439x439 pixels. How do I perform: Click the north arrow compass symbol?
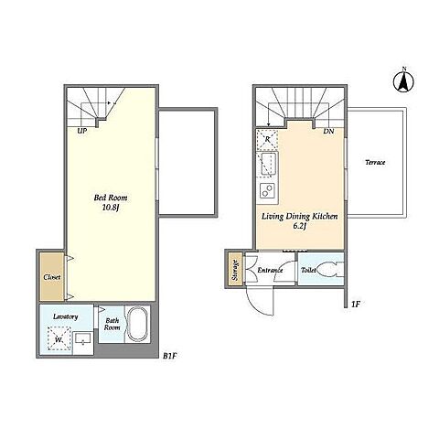coord(403,80)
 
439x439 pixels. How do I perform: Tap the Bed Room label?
coord(111,198)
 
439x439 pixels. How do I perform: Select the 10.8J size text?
coord(110,208)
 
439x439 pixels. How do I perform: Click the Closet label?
coord(52,277)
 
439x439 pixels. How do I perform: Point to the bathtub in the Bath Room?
coord(137,325)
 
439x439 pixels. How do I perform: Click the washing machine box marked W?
coord(59,338)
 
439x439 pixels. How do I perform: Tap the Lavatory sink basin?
coord(83,339)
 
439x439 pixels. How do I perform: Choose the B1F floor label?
coord(170,356)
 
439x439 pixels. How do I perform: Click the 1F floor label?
coord(356,304)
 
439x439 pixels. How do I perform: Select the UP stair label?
coord(82,131)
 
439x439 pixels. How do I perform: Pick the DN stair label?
coord(328,132)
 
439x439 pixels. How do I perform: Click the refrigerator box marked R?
coord(267,140)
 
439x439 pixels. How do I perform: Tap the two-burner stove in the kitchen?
coord(267,190)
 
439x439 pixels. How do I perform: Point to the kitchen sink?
coord(268,164)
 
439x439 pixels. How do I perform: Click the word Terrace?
coord(375,163)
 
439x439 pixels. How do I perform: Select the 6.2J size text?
coord(299,226)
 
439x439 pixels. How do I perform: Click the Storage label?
coord(235,270)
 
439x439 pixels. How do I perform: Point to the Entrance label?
coord(270,270)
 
